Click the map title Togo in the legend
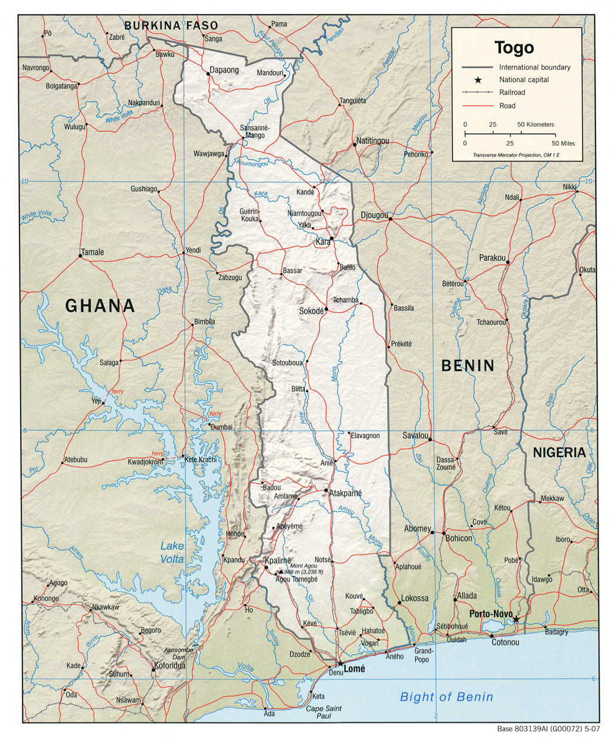pos(514,47)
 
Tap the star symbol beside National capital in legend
pos(479,80)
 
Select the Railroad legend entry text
pos(512,93)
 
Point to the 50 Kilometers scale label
pos(536,124)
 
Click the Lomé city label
pos(355,669)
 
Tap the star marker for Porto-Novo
pos(516,619)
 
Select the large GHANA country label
pos(100,306)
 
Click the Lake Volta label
pos(172,552)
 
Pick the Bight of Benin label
pos(446,697)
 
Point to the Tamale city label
pos(92,252)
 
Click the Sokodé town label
pos(312,311)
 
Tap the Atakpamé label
pos(346,493)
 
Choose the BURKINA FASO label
pos(171,25)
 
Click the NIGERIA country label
pos(560,453)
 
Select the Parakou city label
pos(492,258)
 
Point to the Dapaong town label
pos(225,70)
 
